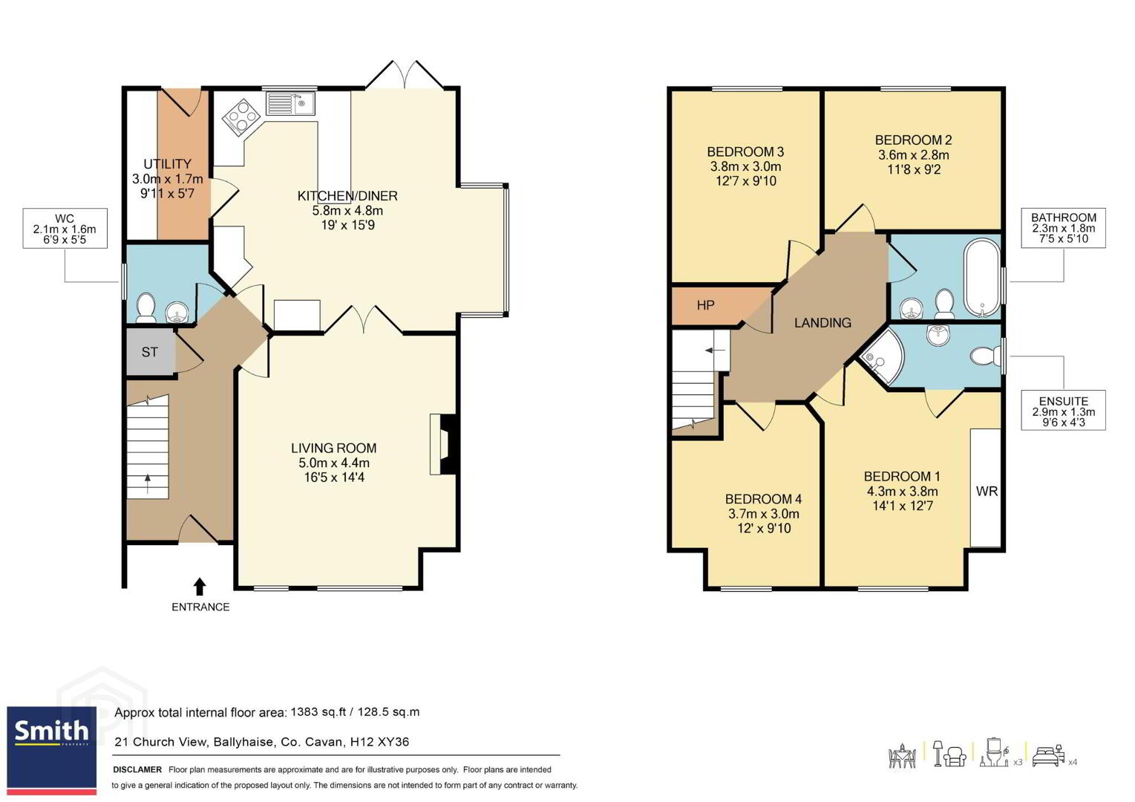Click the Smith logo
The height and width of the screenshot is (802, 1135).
pyautogui.click(x=51, y=750)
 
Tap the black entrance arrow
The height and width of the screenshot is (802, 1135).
pyautogui.click(x=200, y=587)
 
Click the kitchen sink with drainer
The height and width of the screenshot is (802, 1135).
pyautogui.click(x=290, y=103)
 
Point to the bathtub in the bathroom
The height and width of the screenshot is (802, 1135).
pyautogui.click(x=982, y=278)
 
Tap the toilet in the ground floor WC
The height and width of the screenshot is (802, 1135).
pyautogui.click(x=146, y=307)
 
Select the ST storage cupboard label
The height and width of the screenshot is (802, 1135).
pyautogui.click(x=149, y=352)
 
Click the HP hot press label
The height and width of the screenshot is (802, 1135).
pyautogui.click(x=705, y=305)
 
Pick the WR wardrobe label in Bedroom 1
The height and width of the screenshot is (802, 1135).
pyautogui.click(x=987, y=491)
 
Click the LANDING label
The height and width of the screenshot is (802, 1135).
pyautogui.click(x=822, y=322)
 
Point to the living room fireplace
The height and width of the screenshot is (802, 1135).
pyautogui.click(x=444, y=445)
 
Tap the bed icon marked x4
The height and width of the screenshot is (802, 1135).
pyautogui.click(x=1049, y=757)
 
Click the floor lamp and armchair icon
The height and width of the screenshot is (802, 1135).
pyautogui.click(x=950, y=754)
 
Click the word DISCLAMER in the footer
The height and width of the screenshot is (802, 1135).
pyautogui.click(x=137, y=769)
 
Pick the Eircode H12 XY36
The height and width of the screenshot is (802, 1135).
pyautogui.click(x=379, y=742)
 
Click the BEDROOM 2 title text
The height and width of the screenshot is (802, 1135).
pyautogui.click(x=913, y=140)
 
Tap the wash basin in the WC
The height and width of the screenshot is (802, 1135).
pyautogui.click(x=177, y=311)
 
